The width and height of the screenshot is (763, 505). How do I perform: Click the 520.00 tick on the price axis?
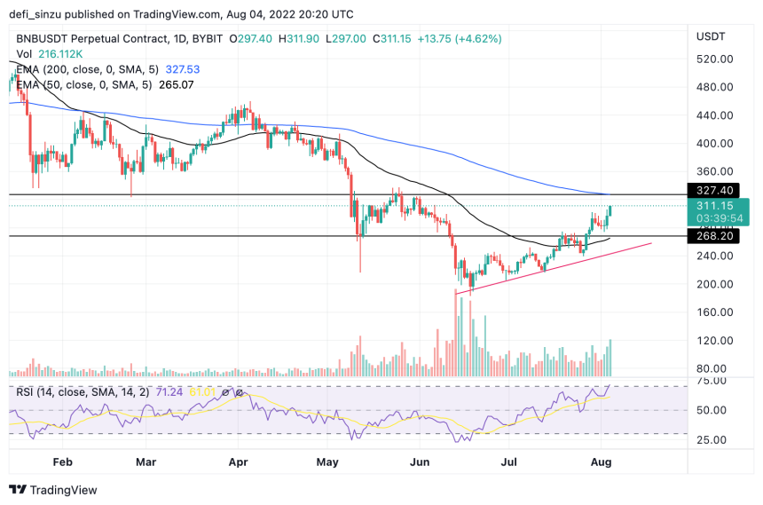click(x=714, y=59)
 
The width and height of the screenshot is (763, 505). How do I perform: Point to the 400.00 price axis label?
click(x=714, y=143)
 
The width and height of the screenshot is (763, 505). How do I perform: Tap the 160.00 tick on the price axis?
click(x=714, y=312)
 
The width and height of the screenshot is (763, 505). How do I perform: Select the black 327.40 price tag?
click(x=714, y=190)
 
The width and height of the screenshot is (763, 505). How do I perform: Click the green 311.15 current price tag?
click(x=714, y=205)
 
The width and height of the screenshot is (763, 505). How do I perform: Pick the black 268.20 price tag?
click(x=714, y=237)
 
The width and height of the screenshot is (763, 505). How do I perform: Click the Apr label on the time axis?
click(x=237, y=462)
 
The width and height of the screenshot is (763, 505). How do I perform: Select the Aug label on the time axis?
click(x=602, y=462)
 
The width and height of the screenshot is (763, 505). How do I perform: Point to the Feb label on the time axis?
click(x=61, y=462)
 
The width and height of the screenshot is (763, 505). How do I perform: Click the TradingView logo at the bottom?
click(x=53, y=490)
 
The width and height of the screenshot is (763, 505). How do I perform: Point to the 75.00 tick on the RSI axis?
click(x=710, y=381)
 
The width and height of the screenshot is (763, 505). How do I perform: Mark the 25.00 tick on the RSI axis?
click(x=710, y=439)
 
